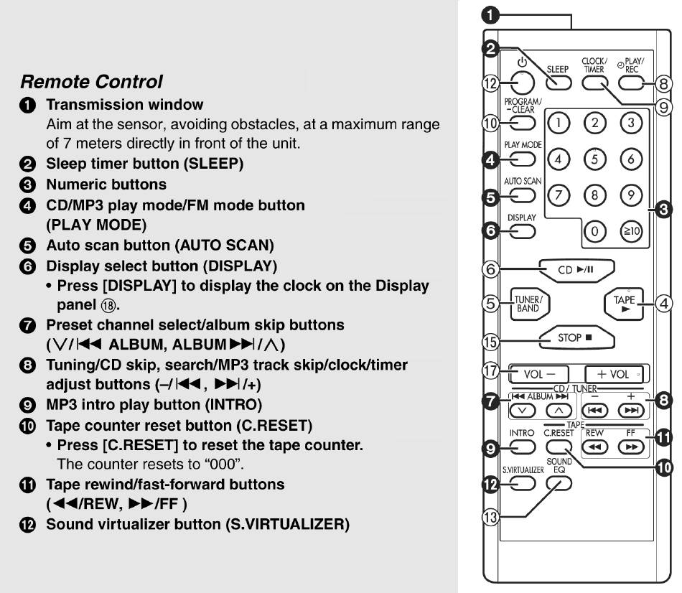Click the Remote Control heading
coord(91,82)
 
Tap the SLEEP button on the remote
coord(559,83)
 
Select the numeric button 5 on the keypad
coord(594,159)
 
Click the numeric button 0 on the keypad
coord(594,231)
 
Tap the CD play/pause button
coord(576,270)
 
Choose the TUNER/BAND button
coord(529,304)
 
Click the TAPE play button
coord(624,304)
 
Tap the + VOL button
coord(614,374)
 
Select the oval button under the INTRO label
coord(523,447)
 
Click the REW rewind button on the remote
coord(594,447)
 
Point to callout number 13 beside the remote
coord(490,518)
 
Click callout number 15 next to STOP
coord(490,342)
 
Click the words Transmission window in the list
coord(125,105)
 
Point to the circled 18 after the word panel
coord(108,306)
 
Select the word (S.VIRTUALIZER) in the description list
coord(287,524)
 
